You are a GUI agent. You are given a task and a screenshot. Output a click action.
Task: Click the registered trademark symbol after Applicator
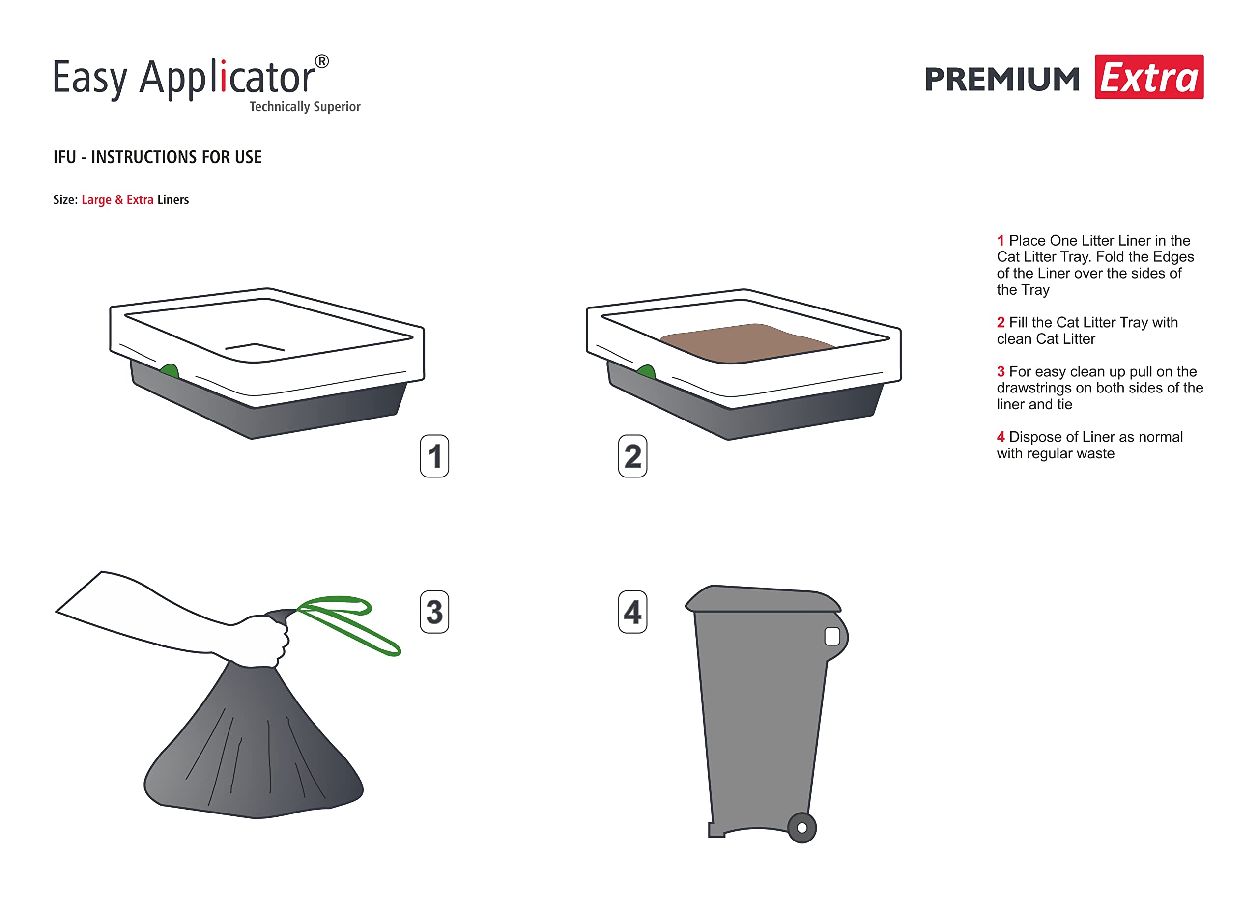click(x=321, y=61)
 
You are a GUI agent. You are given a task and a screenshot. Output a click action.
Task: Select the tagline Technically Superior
click(x=305, y=107)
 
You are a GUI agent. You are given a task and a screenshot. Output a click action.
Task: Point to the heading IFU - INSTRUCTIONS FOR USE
click(x=157, y=157)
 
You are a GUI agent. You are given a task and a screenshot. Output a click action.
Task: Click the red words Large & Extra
click(x=117, y=200)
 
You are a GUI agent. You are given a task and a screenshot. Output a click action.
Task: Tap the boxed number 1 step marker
click(x=434, y=456)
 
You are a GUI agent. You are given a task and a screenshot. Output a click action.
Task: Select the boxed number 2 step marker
click(x=632, y=456)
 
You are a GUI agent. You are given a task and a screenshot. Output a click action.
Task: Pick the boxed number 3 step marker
click(x=434, y=612)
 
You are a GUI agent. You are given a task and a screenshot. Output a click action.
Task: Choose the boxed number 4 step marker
click(x=632, y=612)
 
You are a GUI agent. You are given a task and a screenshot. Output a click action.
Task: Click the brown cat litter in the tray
click(x=746, y=342)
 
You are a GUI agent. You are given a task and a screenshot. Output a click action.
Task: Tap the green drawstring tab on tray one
click(x=170, y=371)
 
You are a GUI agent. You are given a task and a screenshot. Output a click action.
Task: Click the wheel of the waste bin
click(x=801, y=827)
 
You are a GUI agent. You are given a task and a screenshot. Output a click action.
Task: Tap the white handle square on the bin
click(x=832, y=636)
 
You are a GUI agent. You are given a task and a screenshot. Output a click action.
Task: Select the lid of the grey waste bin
click(x=763, y=599)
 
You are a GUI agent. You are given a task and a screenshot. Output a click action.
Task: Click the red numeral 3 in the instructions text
click(x=1001, y=372)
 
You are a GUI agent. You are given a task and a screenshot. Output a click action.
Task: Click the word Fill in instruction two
click(x=1018, y=322)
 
